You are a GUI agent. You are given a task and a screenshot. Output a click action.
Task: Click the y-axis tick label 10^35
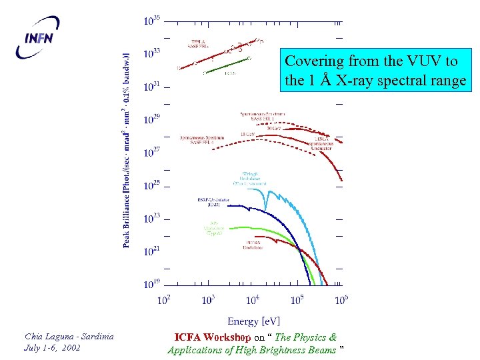pos(151,21)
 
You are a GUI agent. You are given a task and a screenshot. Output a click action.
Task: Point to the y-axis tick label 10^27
pos(151,153)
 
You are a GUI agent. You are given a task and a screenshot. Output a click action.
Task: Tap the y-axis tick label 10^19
pos(151,284)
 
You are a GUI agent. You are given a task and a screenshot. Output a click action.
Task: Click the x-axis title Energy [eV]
pos(253,321)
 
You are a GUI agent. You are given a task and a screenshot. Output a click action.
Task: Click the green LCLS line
pos(227,65)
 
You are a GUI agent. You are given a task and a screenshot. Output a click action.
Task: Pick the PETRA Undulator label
pos(253,245)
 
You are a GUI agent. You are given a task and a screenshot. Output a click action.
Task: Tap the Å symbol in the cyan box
pos(324,82)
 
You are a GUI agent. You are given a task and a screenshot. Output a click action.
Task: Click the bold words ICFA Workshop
pos(212,337)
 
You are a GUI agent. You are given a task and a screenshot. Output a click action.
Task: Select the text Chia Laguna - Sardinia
pos(69,337)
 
